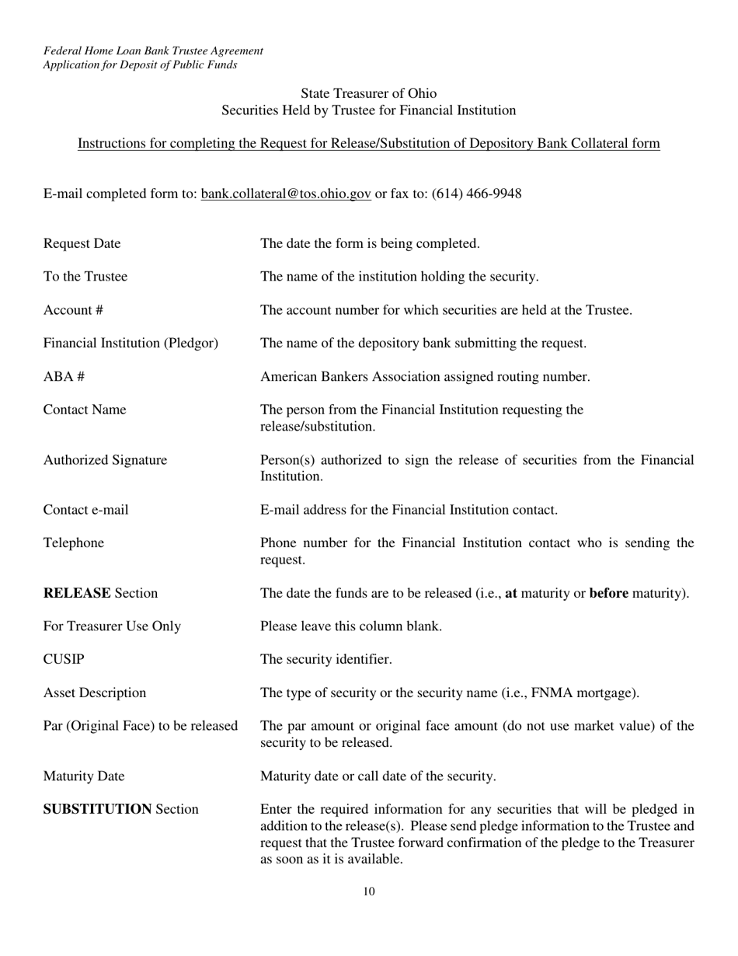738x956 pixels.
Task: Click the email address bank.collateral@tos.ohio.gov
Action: click(286, 194)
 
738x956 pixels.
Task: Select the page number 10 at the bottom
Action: click(369, 891)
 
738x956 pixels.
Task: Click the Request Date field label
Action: click(82, 244)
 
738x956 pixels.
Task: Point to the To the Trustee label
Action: click(85, 277)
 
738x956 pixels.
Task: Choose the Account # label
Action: click(73, 310)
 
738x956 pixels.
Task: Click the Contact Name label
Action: click(85, 410)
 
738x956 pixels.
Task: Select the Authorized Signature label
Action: click(105, 460)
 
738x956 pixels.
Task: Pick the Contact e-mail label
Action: click(85, 511)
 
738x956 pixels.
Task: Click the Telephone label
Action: click(74, 543)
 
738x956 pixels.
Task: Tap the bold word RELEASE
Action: click(77, 594)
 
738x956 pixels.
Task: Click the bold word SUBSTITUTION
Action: click(96, 810)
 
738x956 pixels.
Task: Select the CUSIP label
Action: click(64, 660)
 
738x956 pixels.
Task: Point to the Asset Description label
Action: click(94, 693)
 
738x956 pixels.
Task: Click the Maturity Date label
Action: click(84, 776)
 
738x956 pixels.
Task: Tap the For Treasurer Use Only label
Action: click(112, 626)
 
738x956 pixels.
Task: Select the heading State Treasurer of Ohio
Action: click(369, 93)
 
